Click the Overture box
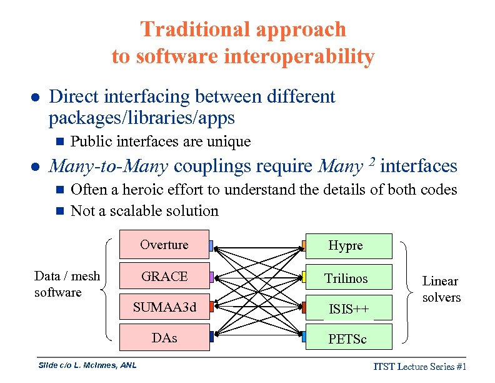164,245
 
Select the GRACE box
164,277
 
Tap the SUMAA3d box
164,307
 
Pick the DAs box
164,338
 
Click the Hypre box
346,246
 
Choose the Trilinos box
346,278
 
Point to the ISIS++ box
346,309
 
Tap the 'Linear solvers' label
441,289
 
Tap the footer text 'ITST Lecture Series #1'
421,367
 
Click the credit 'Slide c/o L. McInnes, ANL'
87,365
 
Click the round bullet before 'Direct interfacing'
36,98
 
